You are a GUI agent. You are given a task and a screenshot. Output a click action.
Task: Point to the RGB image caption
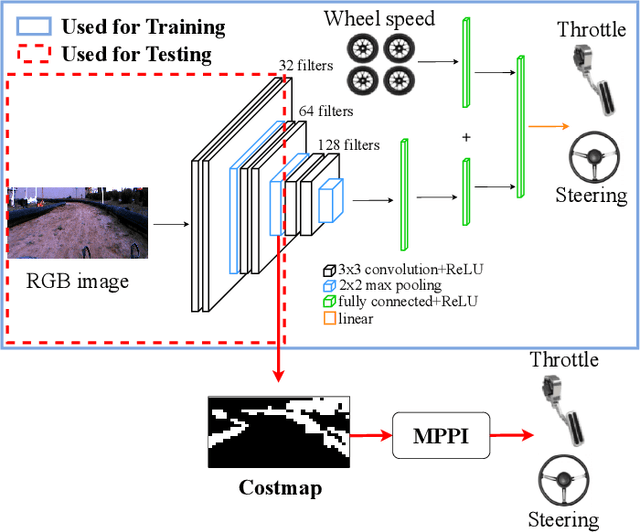pyautogui.click(x=77, y=282)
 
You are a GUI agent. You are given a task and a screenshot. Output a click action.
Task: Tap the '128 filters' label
pyautogui.click(x=349, y=145)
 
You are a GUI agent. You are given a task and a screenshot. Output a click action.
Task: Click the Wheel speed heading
pyautogui.click(x=380, y=17)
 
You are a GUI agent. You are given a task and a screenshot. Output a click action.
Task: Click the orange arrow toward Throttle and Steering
pyautogui.click(x=551, y=126)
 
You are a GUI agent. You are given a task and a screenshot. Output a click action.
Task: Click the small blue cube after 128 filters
pyautogui.click(x=331, y=200)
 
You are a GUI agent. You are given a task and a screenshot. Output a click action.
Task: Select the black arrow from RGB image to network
pyautogui.click(x=170, y=224)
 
